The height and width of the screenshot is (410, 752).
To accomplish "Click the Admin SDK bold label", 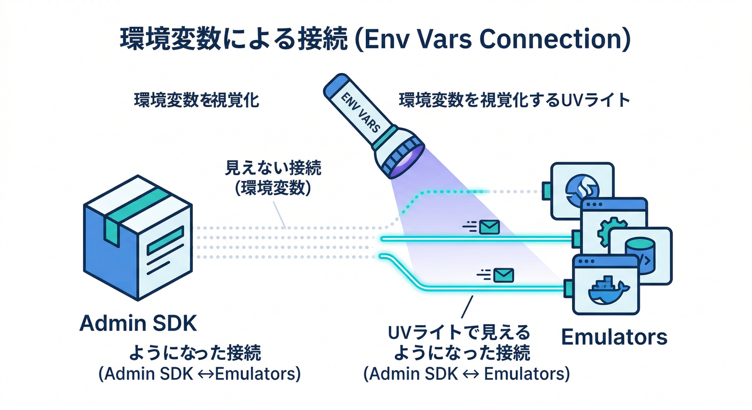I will (x=138, y=323).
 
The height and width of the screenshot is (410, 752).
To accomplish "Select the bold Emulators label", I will (x=614, y=337).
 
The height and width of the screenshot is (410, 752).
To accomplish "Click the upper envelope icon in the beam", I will (x=488, y=227).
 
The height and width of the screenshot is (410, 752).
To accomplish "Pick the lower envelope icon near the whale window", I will (x=503, y=275).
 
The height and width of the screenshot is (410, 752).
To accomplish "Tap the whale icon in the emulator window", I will (x=608, y=291).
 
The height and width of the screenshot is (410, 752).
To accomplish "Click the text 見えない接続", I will (x=273, y=170).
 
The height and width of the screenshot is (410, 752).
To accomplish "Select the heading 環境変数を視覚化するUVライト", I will (x=514, y=100).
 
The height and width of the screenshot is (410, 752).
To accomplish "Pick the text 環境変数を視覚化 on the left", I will (x=196, y=101).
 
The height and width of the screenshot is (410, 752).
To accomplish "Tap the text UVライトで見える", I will (x=459, y=334).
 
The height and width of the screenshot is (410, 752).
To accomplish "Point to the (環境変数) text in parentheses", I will (x=273, y=188).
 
